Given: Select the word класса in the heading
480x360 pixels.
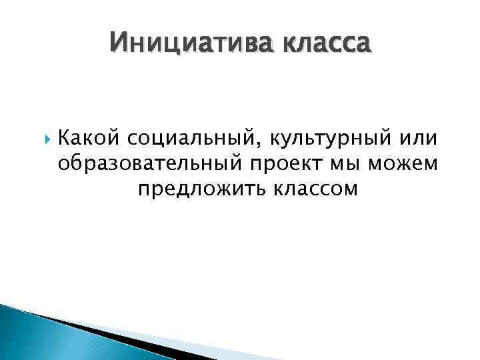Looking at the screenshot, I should pyautogui.click(x=325, y=45).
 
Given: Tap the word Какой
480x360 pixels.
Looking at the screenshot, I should pyautogui.click(x=87, y=139).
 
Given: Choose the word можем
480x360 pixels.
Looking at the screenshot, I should pyautogui.click(x=407, y=164).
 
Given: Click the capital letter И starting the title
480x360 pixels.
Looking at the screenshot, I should pyautogui.click(x=118, y=45).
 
